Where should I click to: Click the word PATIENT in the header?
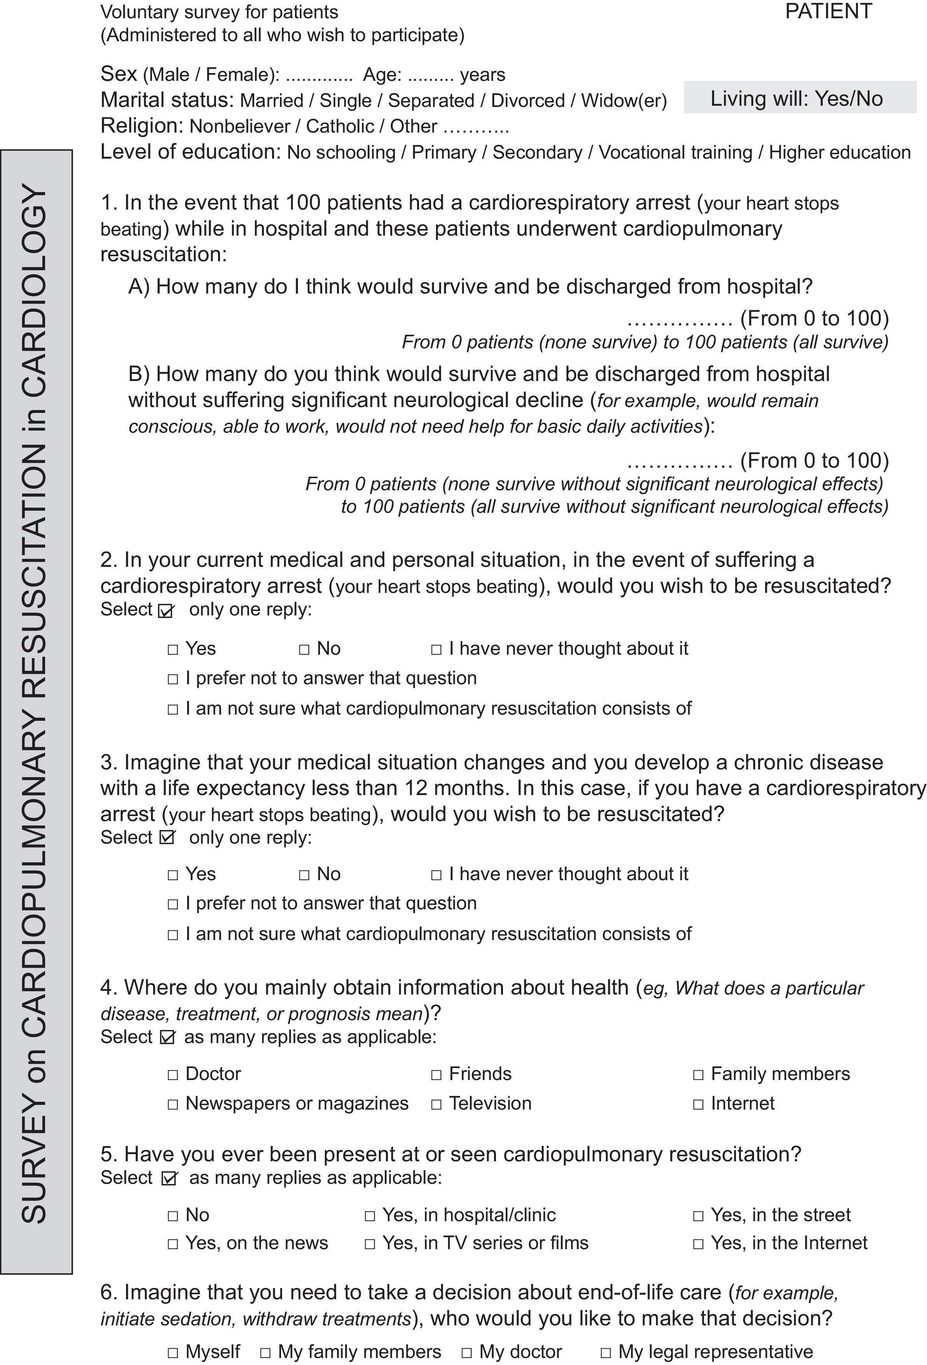828,12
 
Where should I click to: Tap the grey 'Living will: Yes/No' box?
800,98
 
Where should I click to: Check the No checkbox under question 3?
304,875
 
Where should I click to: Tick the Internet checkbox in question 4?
698,1104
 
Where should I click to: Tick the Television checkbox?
436,1104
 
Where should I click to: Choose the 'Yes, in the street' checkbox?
698,1216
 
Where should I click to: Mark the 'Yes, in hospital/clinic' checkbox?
370,1216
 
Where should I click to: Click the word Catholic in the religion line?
340,126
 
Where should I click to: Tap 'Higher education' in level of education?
840,152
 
